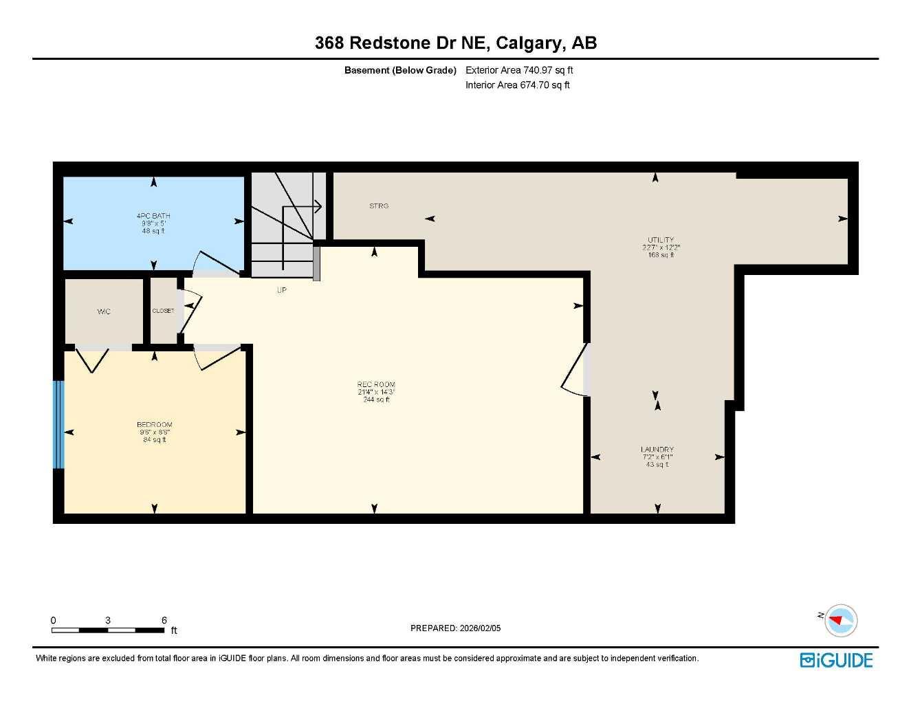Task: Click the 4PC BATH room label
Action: (x=153, y=216)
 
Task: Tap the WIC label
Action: (x=103, y=311)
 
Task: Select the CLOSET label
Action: (x=163, y=311)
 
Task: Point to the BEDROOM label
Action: (x=154, y=425)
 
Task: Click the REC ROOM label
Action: (x=376, y=384)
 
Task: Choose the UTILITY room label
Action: (x=661, y=240)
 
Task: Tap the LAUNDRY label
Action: (x=657, y=449)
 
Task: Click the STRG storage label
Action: (x=379, y=206)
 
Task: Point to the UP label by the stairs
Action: (x=281, y=290)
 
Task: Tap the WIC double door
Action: (x=92, y=358)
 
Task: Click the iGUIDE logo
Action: (x=836, y=660)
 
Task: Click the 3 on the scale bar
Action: (x=108, y=620)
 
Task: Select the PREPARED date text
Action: (x=455, y=628)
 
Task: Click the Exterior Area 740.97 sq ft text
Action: (x=519, y=70)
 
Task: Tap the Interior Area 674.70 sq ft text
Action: (x=517, y=85)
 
